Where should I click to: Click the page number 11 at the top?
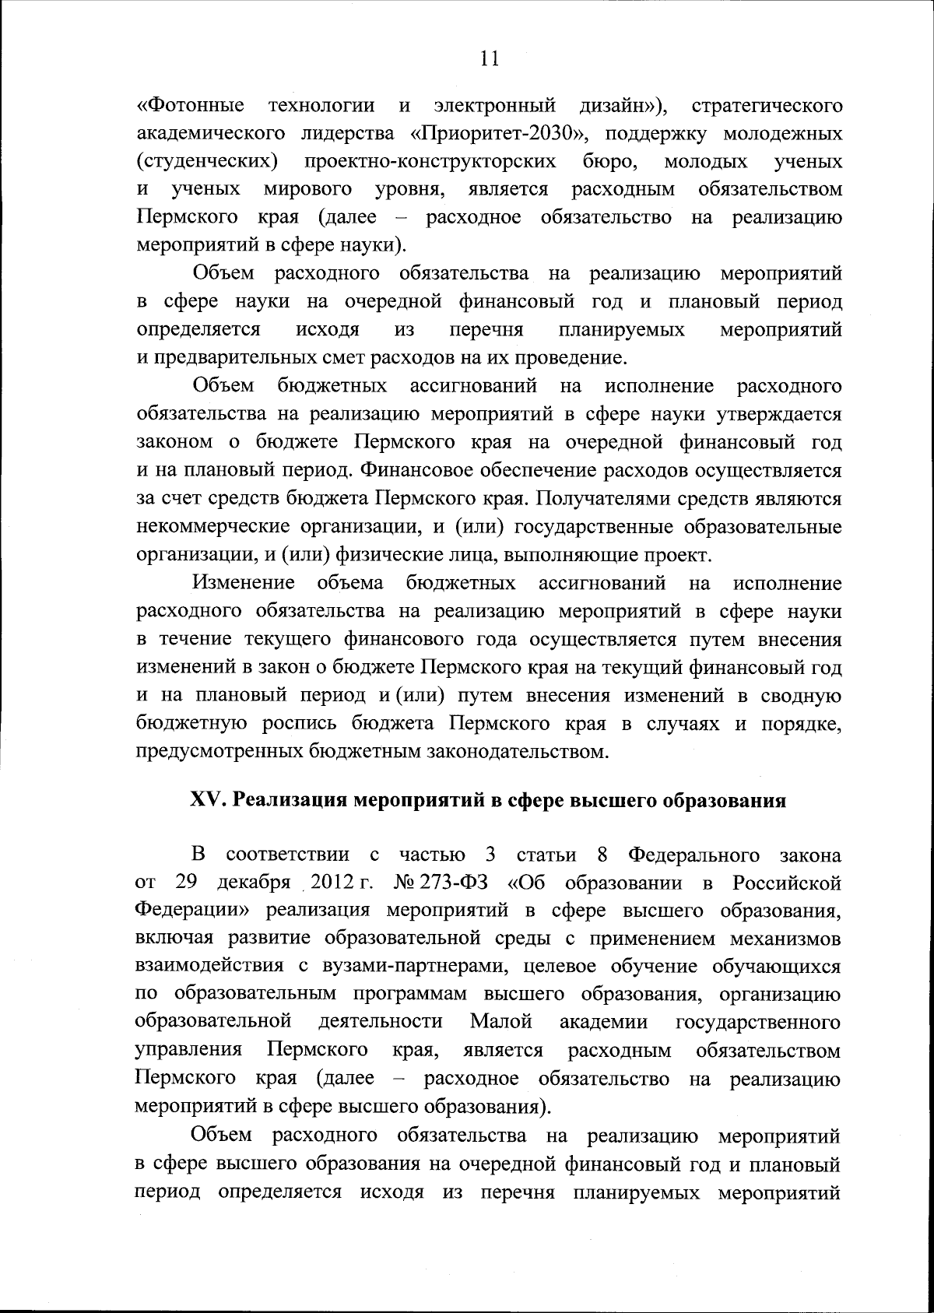click(x=489, y=60)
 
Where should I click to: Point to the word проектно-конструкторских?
click(x=430, y=161)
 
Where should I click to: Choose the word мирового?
click(x=307, y=189)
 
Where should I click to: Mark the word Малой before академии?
click(x=500, y=1023)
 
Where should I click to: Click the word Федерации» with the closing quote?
click(x=191, y=911)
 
